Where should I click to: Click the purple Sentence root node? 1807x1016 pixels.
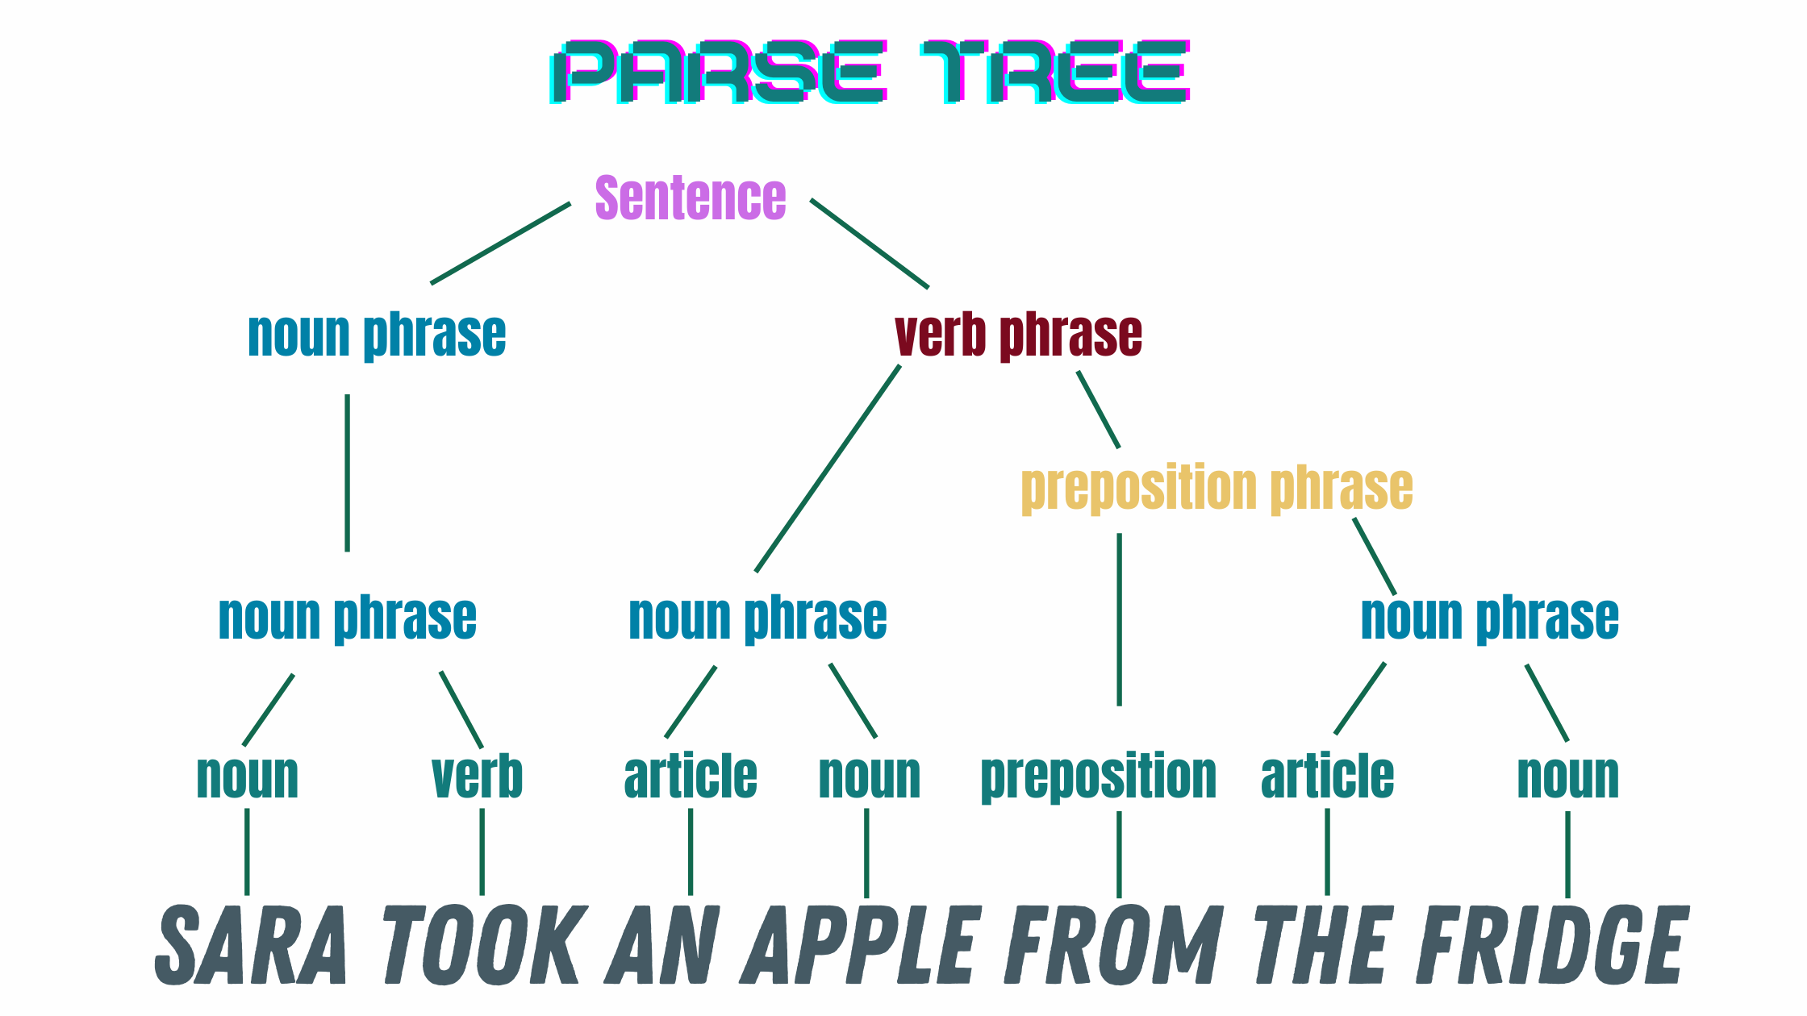[691, 198]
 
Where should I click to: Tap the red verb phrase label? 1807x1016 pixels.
[1019, 335]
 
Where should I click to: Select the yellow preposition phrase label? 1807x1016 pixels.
[1217, 489]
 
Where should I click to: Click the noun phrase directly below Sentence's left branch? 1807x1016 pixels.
[377, 335]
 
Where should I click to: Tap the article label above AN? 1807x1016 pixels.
[691, 777]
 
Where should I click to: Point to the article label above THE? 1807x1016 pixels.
[1328, 777]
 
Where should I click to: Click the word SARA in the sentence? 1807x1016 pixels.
[252, 945]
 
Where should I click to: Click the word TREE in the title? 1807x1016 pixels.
[1055, 73]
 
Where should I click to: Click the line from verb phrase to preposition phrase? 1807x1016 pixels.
[1098, 410]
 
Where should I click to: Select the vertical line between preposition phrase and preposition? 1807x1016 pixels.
[1119, 619]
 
